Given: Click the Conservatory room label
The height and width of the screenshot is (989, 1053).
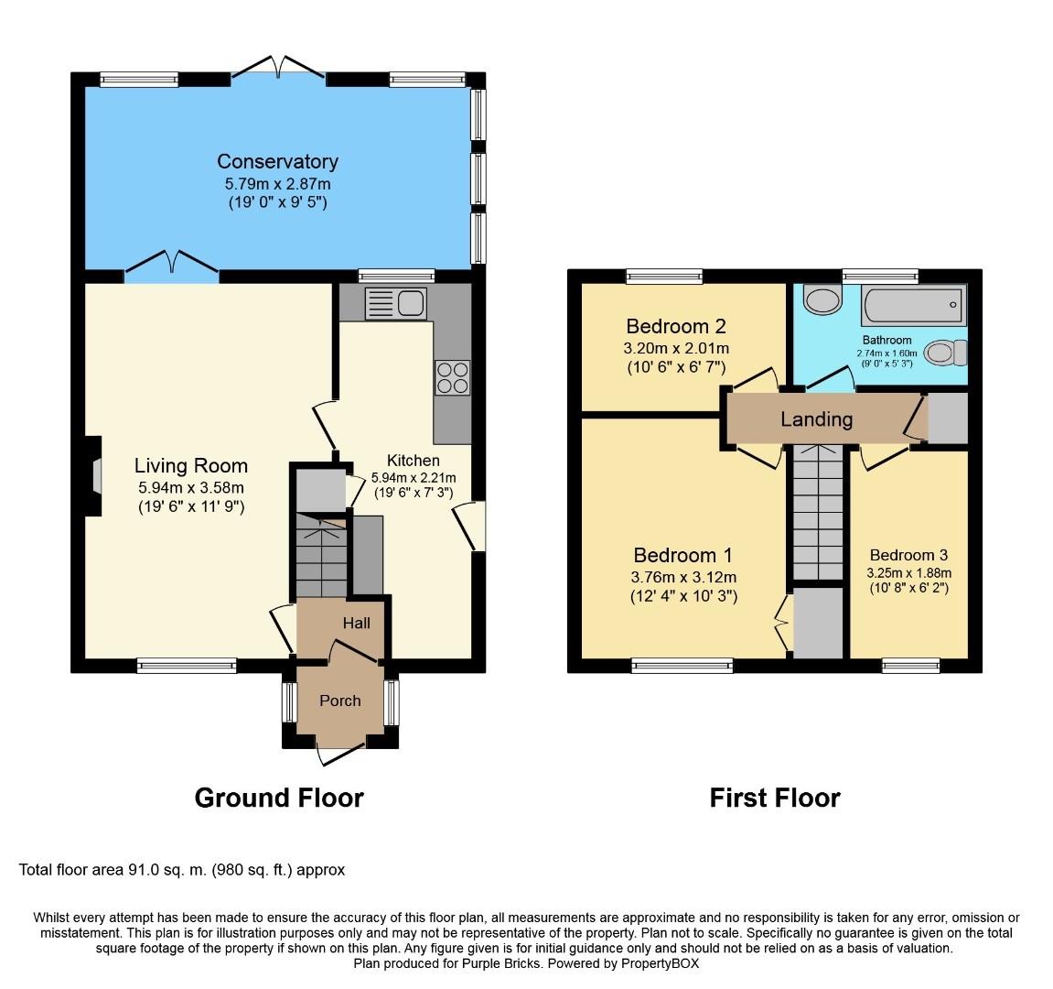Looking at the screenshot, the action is pos(277,161).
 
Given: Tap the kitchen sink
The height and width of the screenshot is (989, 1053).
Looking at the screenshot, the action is pos(395,304).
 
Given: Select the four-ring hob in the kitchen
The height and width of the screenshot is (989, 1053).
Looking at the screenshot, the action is pos(452,378).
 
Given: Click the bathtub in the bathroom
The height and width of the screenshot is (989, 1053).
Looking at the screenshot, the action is pos(915,305).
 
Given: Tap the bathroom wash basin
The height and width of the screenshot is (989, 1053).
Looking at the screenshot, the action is pos(822,299).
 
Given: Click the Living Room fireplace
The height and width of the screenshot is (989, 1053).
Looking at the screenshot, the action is pos(92,477).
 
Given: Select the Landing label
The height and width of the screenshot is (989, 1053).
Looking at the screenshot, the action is pos(817,419).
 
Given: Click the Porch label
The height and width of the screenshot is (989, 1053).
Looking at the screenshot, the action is pos(339,701).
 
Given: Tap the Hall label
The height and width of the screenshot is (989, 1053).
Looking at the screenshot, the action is pos(356,624).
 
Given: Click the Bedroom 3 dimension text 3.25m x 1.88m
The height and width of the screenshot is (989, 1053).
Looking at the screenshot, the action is pos(908,573).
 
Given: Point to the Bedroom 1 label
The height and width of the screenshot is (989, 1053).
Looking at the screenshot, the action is pos(682,555).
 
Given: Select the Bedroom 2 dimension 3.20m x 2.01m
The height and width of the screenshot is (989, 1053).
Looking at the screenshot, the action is pos(676,348).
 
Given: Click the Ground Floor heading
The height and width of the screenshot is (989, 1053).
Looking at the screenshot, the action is pos(279,798).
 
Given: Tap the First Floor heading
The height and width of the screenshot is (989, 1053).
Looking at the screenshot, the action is pos(775,798).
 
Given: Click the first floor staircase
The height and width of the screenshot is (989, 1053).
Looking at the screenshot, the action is pos(817,512).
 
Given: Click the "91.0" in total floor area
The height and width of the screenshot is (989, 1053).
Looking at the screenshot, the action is pos(144,870).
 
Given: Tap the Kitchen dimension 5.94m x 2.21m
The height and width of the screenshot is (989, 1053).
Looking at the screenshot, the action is pos(414,478).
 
